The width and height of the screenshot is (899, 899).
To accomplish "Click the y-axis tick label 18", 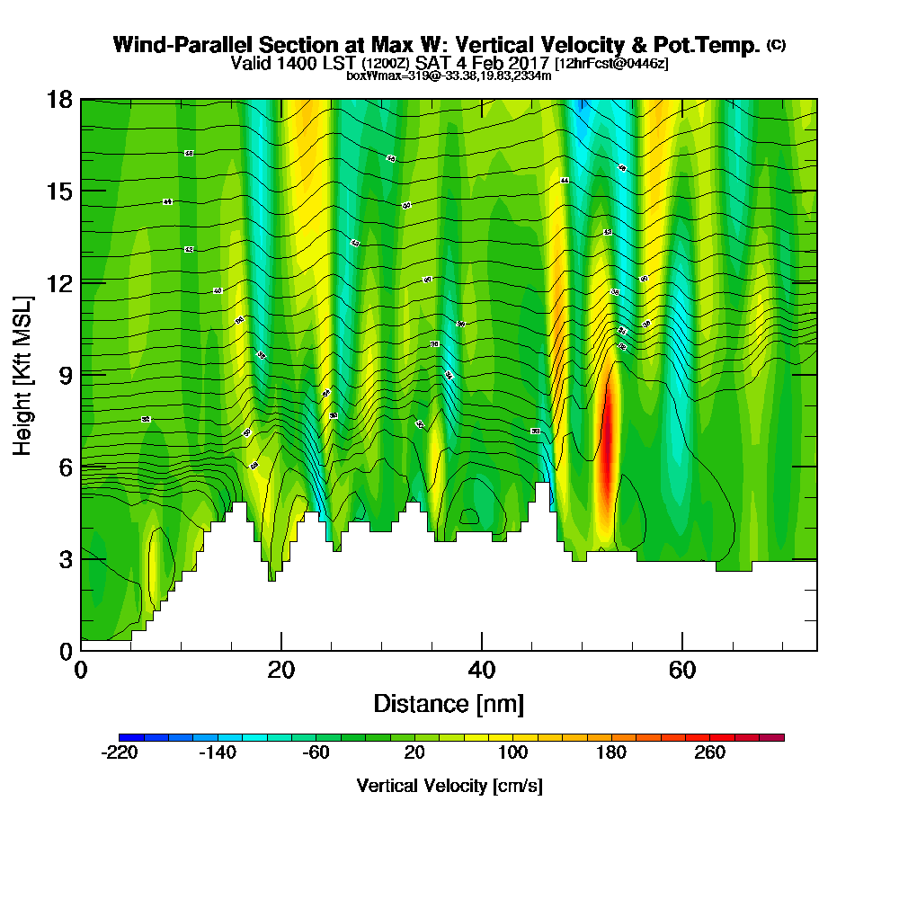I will pos(59,99).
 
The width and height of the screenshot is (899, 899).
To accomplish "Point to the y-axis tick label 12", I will pos(59,282).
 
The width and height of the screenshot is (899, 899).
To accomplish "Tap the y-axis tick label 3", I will pos(65,558).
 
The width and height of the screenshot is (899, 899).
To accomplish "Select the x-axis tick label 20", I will pos(281,670).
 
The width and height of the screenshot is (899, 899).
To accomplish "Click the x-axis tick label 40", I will pos(482,670).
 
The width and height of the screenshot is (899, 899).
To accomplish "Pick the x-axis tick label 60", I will pos(683,670).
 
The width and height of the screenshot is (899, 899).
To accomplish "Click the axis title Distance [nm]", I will pos(449,703).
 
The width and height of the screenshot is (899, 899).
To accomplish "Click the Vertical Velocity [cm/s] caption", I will pos(449,786).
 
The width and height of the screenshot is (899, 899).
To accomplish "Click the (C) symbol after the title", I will pos(776,45).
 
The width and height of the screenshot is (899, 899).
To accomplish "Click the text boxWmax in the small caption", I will pos(369,76).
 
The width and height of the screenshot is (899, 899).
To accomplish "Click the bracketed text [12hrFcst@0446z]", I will pos(611,64).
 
